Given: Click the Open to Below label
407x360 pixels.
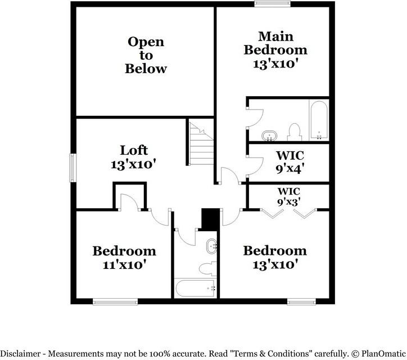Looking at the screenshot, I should click(146, 55).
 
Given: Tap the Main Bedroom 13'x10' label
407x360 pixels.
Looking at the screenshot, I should click(275, 49).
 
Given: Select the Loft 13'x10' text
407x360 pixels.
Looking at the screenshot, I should click(134, 157).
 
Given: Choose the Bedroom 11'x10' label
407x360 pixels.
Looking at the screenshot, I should click(124, 257).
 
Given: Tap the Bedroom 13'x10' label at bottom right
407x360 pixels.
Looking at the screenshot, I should click(274, 256).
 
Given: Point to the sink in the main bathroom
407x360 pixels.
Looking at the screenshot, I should click(270, 136).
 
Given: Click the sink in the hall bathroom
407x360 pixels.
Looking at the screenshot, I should click(212, 246).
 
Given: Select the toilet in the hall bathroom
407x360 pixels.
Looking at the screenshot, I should click(208, 267).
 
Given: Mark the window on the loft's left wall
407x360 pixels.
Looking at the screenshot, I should click(73, 167).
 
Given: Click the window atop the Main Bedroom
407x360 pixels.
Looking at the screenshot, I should click(268, 4).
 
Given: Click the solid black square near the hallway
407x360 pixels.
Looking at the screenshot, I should click(210, 219).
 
